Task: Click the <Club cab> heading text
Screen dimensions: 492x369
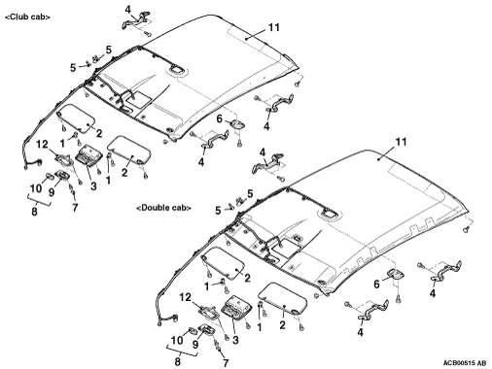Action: [x=27, y=17]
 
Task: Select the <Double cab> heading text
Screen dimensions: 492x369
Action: [x=163, y=208]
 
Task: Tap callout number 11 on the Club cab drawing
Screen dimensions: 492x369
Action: [x=274, y=27]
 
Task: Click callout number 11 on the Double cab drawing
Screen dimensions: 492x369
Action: [x=401, y=142]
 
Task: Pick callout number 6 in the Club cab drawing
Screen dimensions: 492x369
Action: [x=220, y=119]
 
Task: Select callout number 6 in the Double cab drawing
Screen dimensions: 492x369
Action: [x=376, y=285]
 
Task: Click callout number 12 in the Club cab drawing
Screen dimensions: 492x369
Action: [x=42, y=145]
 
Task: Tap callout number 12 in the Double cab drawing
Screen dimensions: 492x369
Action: [x=186, y=297]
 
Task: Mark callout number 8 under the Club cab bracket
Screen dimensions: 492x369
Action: [x=34, y=212]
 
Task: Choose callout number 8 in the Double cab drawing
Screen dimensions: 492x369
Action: [x=177, y=361]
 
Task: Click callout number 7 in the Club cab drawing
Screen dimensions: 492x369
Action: [x=75, y=208]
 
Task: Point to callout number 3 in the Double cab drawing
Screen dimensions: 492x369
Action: [x=235, y=340]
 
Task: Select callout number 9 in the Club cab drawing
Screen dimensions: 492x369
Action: [x=52, y=192]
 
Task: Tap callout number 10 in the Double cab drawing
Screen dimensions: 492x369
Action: [x=177, y=340]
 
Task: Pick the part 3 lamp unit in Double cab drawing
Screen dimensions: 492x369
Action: [x=236, y=308]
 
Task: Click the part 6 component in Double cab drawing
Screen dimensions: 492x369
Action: [x=395, y=274]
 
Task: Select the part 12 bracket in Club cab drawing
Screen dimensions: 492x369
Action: [x=63, y=159]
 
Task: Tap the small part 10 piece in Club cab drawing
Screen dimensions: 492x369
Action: [x=49, y=177]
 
